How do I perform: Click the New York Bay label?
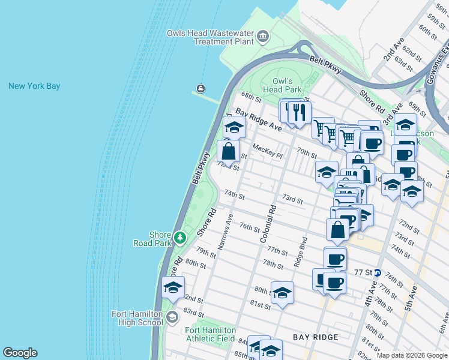(34, 86)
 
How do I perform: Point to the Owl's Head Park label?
(282, 85)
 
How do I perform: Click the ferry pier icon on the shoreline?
(200, 89)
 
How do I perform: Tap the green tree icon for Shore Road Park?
(179, 238)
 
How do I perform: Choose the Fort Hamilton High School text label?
(137, 318)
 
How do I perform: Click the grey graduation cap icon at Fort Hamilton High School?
(172, 317)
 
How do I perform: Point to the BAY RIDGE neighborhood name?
(316, 337)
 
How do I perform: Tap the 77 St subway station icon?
(378, 272)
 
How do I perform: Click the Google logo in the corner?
(20, 353)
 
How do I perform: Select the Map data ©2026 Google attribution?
(412, 355)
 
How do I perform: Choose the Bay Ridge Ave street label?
(258, 120)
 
